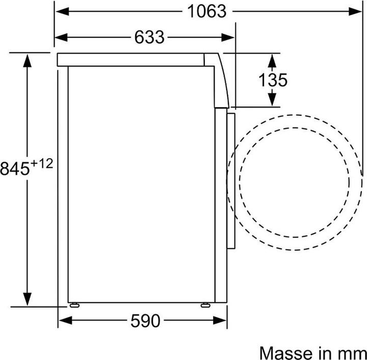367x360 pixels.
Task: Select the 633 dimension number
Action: (x=149, y=37)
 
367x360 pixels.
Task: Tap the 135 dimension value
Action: (x=272, y=80)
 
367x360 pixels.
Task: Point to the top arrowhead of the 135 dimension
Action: (x=272, y=59)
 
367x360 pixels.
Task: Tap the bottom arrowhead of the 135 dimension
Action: (x=272, y=99)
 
